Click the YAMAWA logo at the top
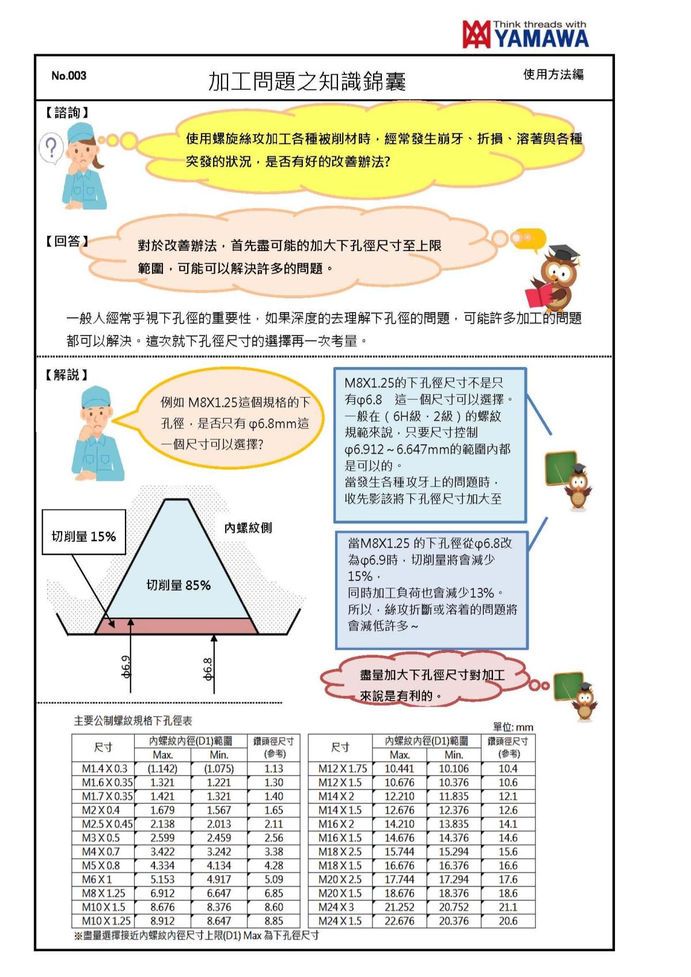[525, 34]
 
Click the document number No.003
[69, 75]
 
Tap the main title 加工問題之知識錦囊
[307, 82]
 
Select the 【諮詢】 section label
[67, 112]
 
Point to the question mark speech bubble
[51, 147]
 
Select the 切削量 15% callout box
[84, 537]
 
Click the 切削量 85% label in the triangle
[179, 585]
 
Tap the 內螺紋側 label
[248, 527]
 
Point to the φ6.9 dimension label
[126, 667]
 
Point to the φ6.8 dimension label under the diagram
[208, 668]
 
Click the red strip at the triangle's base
[176, 626]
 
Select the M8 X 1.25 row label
[104, 893]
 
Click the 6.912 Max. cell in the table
[162, 893]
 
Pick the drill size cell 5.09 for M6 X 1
[274, 879]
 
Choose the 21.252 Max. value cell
[399, 907]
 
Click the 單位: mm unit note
[513, 727]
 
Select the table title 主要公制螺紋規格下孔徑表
[133, 720]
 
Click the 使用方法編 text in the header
[553, 74]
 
